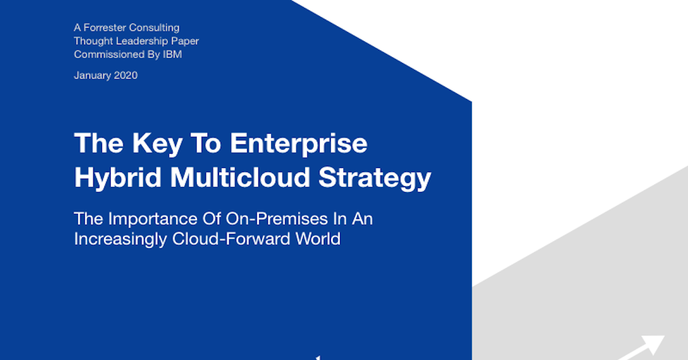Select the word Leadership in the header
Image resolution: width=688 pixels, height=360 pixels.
[136, 41]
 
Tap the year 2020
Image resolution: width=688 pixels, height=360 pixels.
[126, 75]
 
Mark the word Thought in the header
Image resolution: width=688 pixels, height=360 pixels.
[91, 41]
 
